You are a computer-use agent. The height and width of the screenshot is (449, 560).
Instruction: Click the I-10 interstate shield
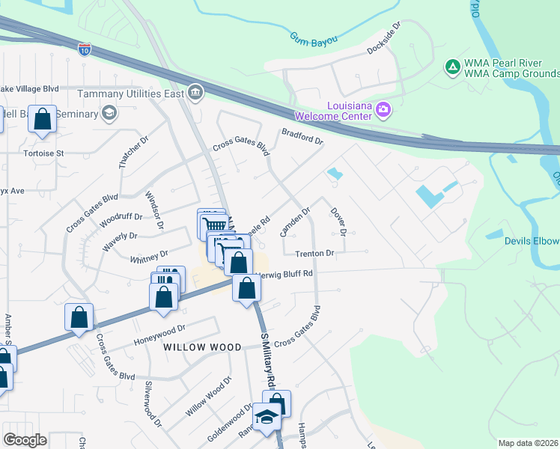tap(84, 49)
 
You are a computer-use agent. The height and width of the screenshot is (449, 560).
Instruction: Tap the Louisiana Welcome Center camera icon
tap(383, 110)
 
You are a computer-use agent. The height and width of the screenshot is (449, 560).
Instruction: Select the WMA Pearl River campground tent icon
tap(452, 67)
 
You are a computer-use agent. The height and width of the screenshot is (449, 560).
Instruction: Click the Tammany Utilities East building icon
tap(195, 93)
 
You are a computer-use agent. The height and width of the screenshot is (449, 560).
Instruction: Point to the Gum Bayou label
tap(314, 38)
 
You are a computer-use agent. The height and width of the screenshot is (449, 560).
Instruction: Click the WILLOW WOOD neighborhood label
tap(202, 347)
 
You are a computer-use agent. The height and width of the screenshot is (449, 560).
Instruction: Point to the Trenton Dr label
tap(314, 254)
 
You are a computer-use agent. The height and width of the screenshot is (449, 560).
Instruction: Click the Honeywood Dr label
tap(159, 335)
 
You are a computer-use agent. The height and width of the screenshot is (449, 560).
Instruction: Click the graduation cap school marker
tap(265, 418)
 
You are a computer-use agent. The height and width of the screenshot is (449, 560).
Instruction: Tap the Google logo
tap(25, 440)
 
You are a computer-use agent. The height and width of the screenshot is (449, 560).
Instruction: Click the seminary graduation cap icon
tap(109, 113)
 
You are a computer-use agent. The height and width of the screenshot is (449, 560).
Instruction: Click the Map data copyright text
tap(529, 443)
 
